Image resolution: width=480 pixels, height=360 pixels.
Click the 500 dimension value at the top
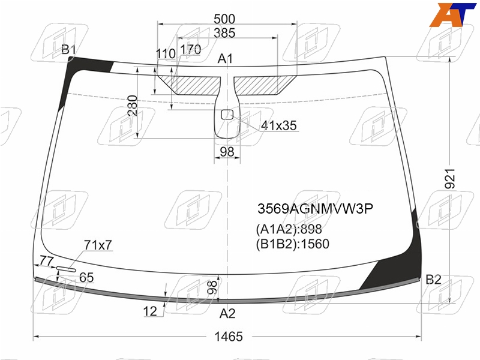pos(224,19)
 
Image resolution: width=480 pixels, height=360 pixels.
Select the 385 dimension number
pos(224,33)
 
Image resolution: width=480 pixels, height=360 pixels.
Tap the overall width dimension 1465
pos(229,337)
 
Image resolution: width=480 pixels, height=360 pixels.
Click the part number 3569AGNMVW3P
pos(316,209)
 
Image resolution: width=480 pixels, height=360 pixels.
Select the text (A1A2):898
pos(289,229)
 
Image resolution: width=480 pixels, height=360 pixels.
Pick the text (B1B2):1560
pos(293,244)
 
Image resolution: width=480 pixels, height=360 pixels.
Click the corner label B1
pos(68,49)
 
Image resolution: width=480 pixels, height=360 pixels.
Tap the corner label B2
pos(433,280)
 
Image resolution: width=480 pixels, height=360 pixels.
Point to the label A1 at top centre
pos(226,58)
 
